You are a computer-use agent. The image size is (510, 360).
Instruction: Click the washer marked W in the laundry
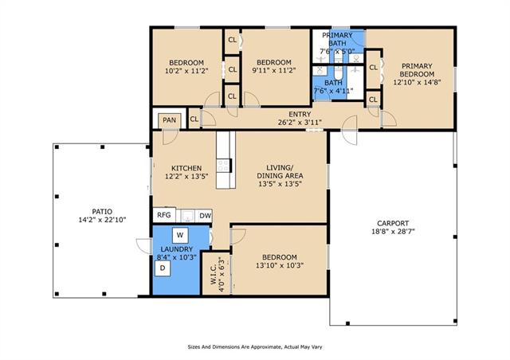pyautogui.click(x=180, y=235)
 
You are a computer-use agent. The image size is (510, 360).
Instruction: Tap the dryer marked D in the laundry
pyautogui.click(x=163, y=268)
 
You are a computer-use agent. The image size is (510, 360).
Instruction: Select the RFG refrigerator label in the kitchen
pyautogui.click(x=164, y=215)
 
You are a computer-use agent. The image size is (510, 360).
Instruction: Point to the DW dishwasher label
pyautogui.click(x=205, y=216)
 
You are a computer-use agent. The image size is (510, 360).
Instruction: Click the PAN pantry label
pyautogui.click(x=169, y=120)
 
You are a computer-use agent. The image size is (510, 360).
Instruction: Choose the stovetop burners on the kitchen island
pyautogui.click(x=224, y=166)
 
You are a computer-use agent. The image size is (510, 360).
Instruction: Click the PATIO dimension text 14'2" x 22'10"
pyautogui.click(x=102, y=220)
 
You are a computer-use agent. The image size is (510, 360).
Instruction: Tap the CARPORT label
pyautogui.click(x=393, y=224)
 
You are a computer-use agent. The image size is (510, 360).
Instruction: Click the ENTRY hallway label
pyautogui.click(x=300, y=114)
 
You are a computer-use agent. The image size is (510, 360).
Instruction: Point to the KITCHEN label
pyautogui.click(x=186, y=168)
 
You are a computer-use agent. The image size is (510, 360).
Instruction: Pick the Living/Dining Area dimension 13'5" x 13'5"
pyautogui.click(x=280, y=184)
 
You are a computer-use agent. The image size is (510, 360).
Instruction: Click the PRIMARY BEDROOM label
pyautogui.click(x=417, y=70)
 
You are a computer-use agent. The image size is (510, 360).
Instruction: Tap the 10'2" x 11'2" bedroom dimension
pyautogui.click(x=186, y=71)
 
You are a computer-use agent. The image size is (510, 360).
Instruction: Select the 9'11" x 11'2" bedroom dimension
pyautogui.click(x=274, y=70)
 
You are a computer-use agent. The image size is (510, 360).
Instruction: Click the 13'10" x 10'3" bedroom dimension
pyautogui.click(x=280, y=265)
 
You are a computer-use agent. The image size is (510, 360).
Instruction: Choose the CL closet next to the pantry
pyautogui.click(x=194, y=119)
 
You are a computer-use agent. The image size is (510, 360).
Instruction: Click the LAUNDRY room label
pyautogui.click(x=177, y=249)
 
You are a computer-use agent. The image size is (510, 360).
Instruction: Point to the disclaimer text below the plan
pyautogui.click(x=255, y=347)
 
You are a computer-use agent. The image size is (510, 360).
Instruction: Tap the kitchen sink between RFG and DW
pyautogui.click(x=187, y=216)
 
